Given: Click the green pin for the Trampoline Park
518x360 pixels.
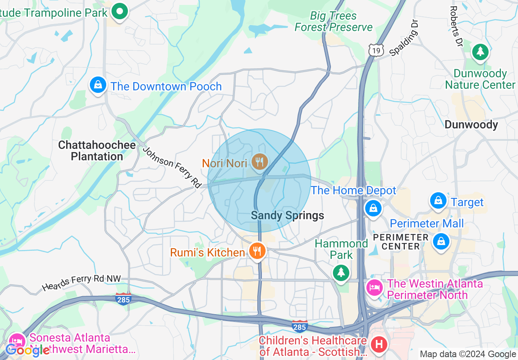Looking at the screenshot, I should click(x=120, y=11).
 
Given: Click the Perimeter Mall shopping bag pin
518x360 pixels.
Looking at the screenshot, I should click(x=441, y=241).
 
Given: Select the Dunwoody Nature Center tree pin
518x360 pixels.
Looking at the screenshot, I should click(x=480, y=52).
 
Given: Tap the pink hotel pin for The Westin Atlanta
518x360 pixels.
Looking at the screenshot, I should click(x=375, y=288).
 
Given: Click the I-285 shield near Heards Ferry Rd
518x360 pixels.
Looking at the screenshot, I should click(x=123, y=299).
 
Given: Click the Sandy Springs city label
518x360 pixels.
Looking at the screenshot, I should click(x=287, y=216).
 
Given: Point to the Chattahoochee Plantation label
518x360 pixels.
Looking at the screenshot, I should click(x=97, y=151).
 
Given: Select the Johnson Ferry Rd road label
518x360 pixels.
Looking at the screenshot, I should click(x=172, y=167).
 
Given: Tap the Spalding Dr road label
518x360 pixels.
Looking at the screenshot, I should click(x=404, y=37).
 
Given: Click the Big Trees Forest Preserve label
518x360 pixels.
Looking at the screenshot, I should click(x=333, y=22).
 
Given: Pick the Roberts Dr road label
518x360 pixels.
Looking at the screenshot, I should click(x=455, y=26).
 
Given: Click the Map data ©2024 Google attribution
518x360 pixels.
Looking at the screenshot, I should click(x=468, y=354).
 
